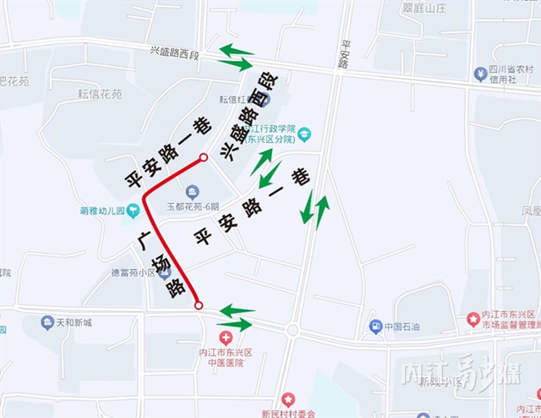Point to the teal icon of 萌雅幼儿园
(x=133, y=210)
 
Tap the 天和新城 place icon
(x=48, y=322)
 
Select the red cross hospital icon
(x=226, y=337)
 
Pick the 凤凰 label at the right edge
(x=532, y=210)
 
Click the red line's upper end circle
(x=204, y=157)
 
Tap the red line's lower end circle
(x=199, y=305)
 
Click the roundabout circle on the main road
(x=292, y=330)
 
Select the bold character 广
(x=145, y=240)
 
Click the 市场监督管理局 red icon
(x=473, y=318)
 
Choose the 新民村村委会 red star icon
(x=288, y=399)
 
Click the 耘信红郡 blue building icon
(x=263, y=99)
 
